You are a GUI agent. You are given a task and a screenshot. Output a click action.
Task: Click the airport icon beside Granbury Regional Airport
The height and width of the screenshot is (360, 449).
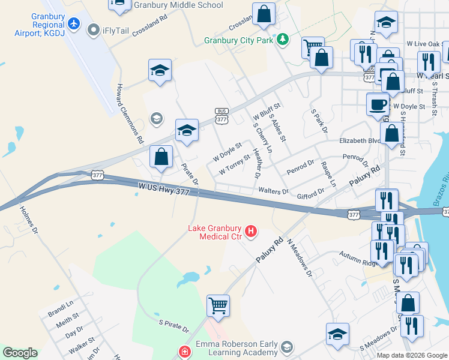[74, 24]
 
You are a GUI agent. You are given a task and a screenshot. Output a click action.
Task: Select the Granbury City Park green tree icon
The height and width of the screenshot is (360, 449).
[282, 40]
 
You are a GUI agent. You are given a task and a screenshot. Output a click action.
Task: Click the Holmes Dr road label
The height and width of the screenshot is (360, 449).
[29, 220]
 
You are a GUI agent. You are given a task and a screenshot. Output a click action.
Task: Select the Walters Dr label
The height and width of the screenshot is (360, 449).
[273, 191]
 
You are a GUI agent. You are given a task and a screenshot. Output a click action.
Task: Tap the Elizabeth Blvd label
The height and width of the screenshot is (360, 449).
[360, 141]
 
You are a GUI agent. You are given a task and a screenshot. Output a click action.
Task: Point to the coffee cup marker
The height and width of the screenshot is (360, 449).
[378, 104]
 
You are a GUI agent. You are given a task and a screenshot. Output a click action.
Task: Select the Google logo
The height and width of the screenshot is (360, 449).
[20, 353]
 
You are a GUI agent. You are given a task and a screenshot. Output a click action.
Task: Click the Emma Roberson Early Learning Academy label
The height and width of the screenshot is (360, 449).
[237, 348]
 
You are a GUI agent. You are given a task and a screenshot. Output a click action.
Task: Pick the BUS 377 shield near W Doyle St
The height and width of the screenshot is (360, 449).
[222, 116]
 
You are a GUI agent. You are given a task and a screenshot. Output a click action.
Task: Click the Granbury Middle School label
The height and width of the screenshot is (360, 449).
[179, 5]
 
